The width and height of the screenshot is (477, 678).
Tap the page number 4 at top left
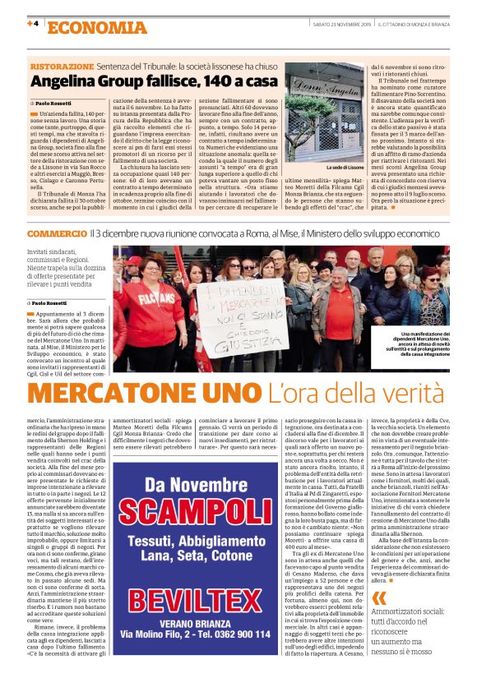[34, 24]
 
